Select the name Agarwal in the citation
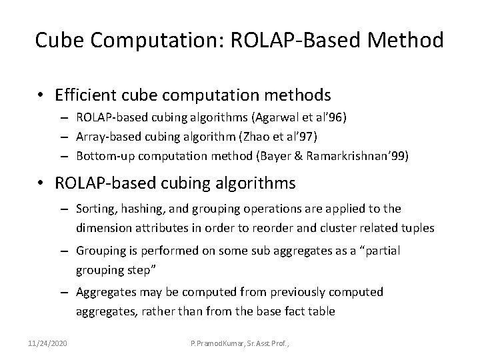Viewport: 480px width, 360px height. (x=272, y=117)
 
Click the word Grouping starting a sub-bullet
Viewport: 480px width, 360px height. (x=99, y=251)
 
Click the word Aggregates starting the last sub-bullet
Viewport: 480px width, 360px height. (x=103, y=291)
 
